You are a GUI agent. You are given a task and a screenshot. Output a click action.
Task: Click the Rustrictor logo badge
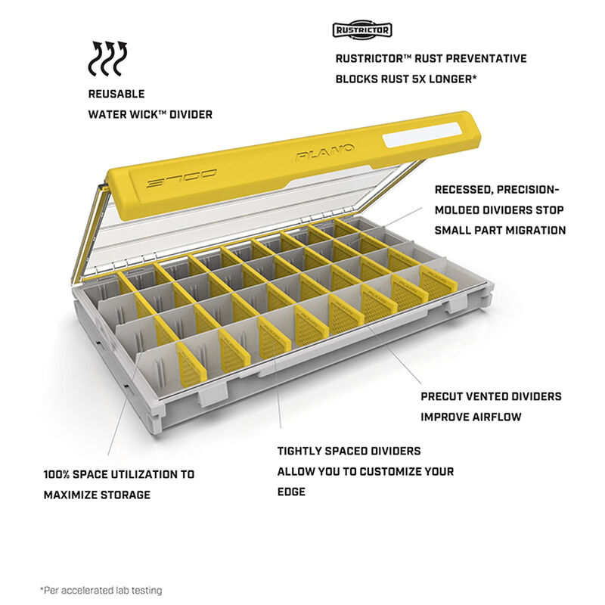click(x=362, y=30)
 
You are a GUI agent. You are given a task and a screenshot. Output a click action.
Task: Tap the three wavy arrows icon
click(x=107, y=58)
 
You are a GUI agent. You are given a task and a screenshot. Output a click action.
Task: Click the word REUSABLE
click(x=116, y=94)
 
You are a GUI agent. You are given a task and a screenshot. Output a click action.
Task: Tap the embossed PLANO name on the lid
click(x=325, y=152)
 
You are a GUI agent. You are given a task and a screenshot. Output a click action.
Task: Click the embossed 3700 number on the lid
click(x=181, y=178)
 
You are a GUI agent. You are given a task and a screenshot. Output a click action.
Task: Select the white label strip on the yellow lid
click(x=421, y=135)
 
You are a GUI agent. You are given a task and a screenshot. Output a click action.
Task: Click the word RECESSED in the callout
click(x=463, y=190)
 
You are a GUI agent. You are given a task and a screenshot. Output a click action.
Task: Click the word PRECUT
click(x=443, y=396)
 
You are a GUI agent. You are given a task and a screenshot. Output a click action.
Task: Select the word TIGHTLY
click(x=299, y=451)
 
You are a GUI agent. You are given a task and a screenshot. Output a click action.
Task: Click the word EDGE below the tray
click(x=291, y=492)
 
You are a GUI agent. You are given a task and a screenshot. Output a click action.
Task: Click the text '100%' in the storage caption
click(x=56, y=475)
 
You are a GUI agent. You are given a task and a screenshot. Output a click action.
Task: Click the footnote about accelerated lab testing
click(x=101, y=590)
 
